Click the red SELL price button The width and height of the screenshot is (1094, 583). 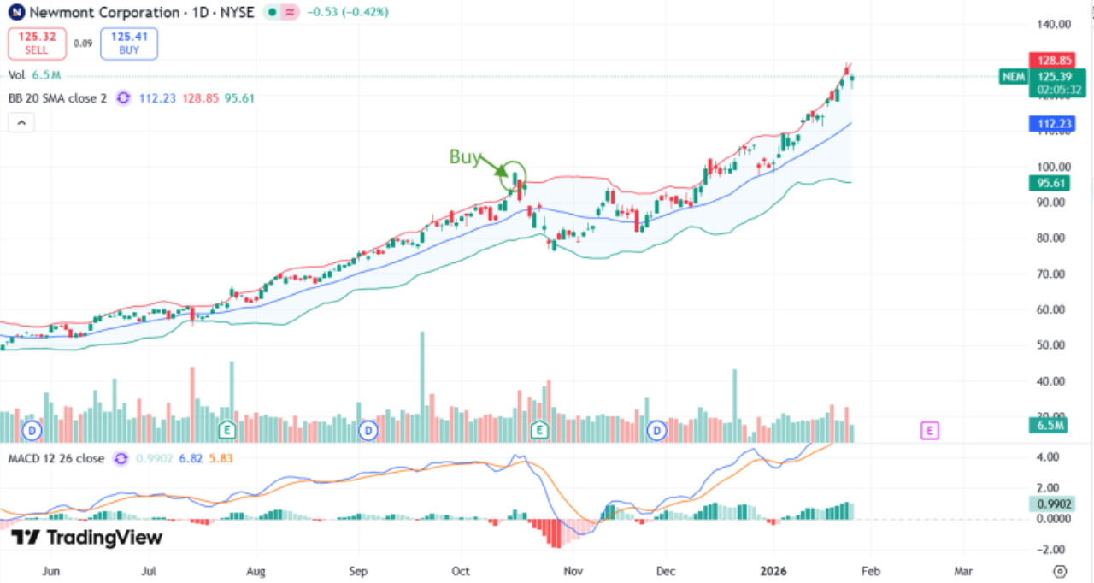[36, 43]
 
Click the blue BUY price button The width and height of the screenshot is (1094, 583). [128, 43]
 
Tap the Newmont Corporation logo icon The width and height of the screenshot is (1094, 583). [15, 13]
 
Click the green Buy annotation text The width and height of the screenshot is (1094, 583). [465, 156]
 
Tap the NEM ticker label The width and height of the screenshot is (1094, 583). [1013, 77]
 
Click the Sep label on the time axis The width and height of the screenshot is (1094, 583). [359, 571]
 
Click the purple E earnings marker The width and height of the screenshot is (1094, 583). [929, 431]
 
